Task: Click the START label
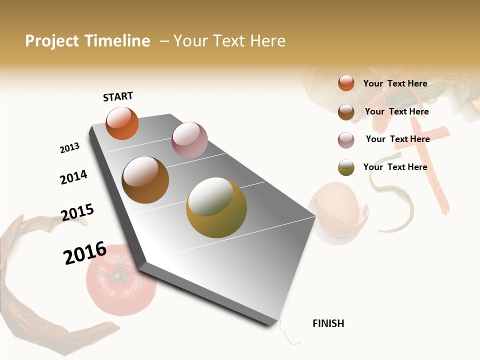click(118, 96)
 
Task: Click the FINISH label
click(328, 323)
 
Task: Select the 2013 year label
click(69, 148)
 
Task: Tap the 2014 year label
click(73, 177)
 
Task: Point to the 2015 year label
click(77, 212)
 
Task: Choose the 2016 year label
click(85, 253)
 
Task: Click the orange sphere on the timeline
click(122, 123)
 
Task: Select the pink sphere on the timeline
click(189, 139)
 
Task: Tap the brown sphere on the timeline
click(145, 180)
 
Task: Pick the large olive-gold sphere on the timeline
click(216, 207)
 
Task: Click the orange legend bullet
click(346, 83)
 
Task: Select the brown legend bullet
click(346, 112)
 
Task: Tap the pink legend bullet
click(346, 140)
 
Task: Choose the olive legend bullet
click(346, 167)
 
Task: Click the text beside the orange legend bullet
click(395, 83)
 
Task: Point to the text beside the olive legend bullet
click(395, 167)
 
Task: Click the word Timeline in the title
click(117, 41)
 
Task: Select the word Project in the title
click(52, 41)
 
